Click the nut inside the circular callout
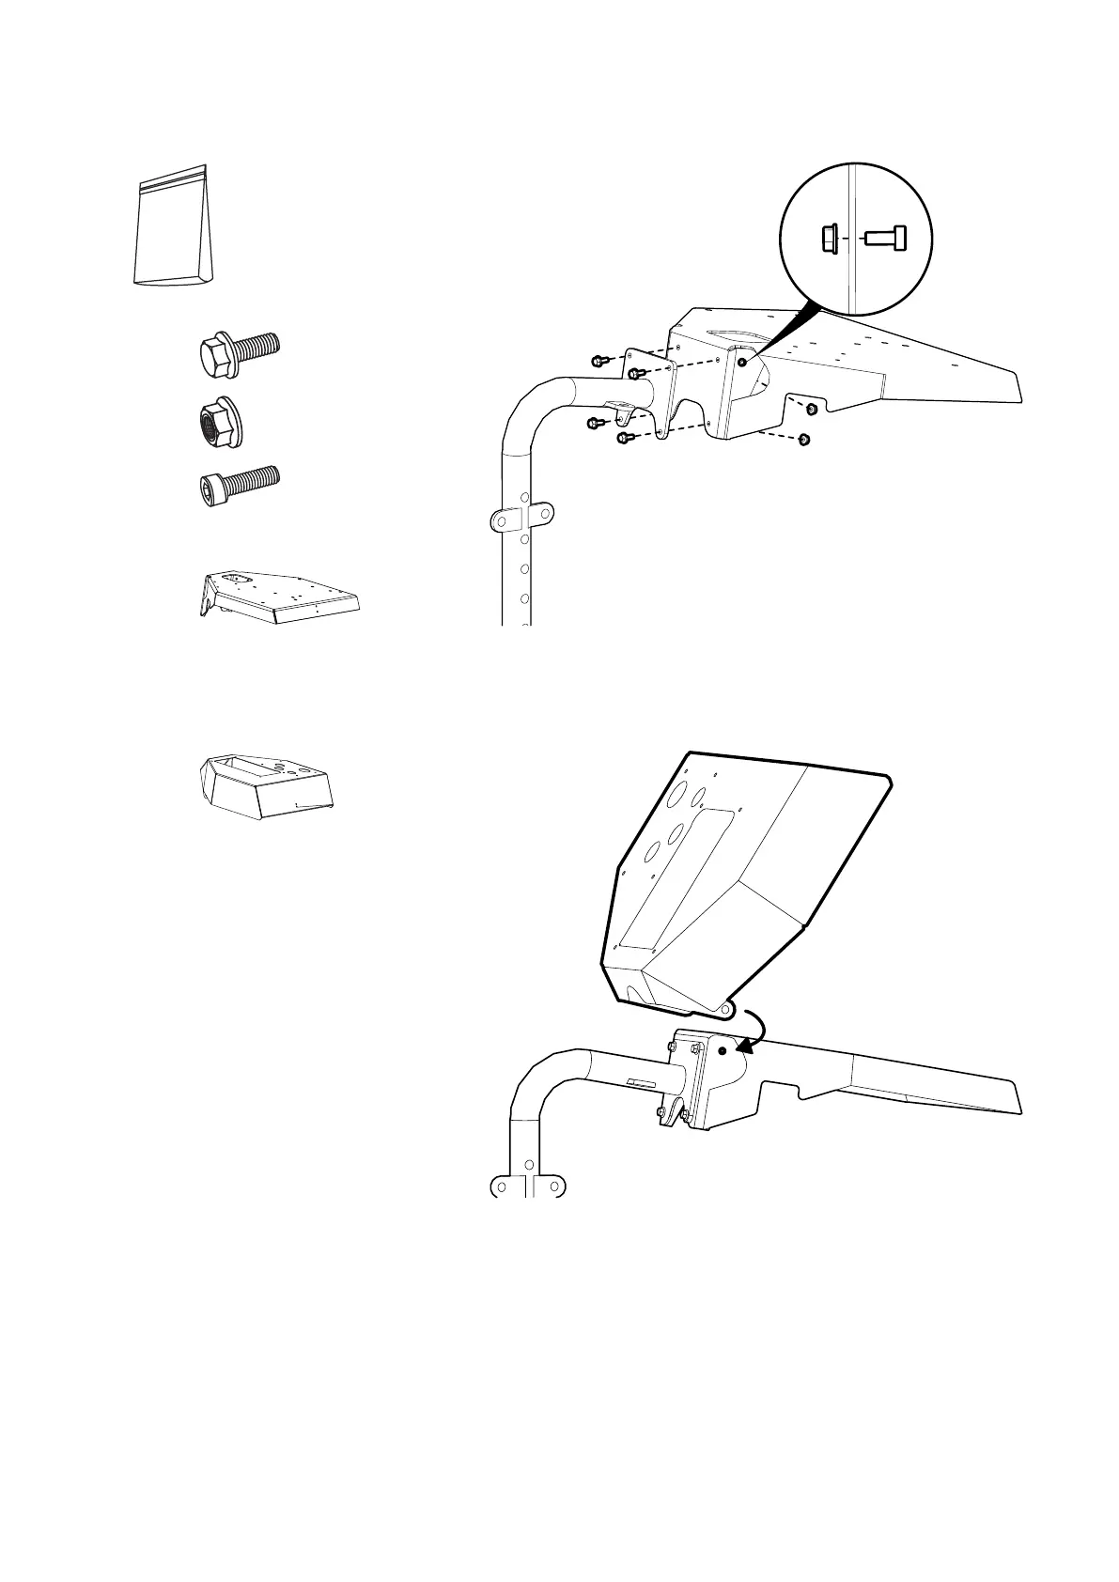(x=830, y=239)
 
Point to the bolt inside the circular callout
(x=885, y=239)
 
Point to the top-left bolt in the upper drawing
(x=598, y=361)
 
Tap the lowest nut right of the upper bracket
(x=803, y=439)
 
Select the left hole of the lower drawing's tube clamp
(x=501, y=1186)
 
